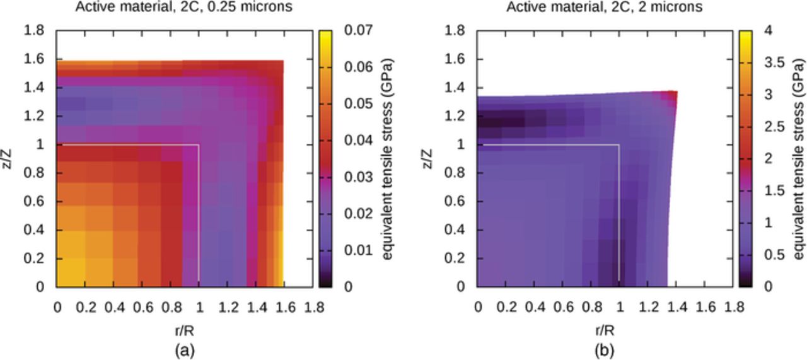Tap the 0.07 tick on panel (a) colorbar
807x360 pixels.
click(357, 30)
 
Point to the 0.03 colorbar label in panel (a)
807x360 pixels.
click(357, 177)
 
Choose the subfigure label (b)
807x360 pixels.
click(605, 349)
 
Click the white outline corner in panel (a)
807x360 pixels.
click(199, 145)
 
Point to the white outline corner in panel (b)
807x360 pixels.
click(619, 145)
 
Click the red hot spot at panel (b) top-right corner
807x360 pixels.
click(672, 95)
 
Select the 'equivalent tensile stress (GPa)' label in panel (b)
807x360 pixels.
click(798, 159)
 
